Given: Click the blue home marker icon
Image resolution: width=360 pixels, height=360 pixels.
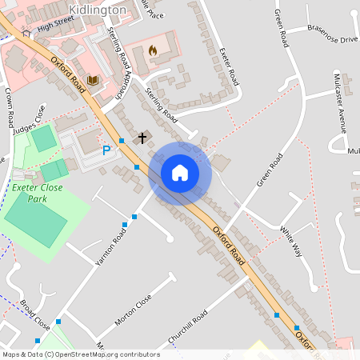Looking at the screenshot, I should tap(179, 173).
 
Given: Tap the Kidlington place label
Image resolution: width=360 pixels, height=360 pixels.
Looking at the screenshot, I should tap(98, 10).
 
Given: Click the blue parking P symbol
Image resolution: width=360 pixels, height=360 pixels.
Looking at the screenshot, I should tap(106, 150).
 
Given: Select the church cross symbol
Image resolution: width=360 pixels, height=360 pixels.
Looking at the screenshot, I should tap(142, 138).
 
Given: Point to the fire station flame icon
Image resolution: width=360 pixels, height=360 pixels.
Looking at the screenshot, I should tap(152, 50).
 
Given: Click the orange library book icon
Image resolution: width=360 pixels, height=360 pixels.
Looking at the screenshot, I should tap(93, 81).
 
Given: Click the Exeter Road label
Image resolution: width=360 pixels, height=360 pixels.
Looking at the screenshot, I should tap(230, 66).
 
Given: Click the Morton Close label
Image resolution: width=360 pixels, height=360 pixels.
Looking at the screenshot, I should tap(133, 310).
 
